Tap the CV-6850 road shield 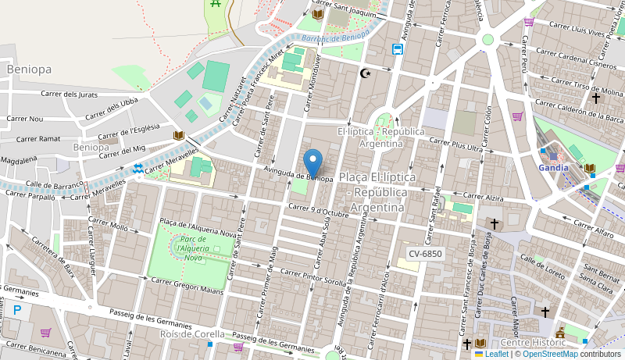tap(425, 254)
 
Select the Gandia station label tap(553, 167)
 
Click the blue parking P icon tap(17, 310)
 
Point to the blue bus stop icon tap(398, 50)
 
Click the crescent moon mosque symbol tap(365, 73)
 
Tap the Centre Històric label tap(534, 342)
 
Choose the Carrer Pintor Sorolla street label tap(312, 277)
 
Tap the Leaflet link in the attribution tap(496, 354)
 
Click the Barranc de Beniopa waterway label tap(334, 37)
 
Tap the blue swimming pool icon tap(138, 168)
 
